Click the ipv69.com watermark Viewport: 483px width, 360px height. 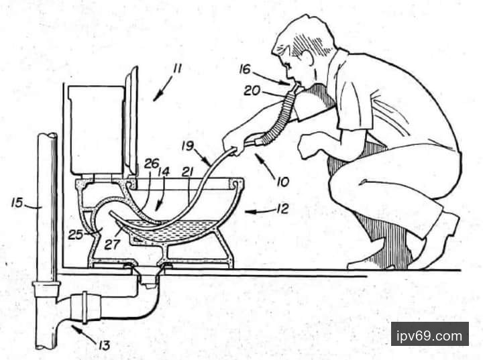[x=429, y=336]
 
